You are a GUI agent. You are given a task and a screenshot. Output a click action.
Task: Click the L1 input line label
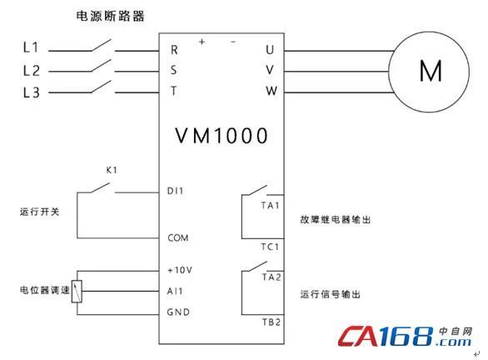tap(31, 47)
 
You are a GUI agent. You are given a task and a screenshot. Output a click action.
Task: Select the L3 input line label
tap(32, 92)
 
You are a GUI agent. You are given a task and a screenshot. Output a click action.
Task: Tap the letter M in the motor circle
tap(431, 71)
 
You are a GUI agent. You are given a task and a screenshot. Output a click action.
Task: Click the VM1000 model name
tap(222, 136)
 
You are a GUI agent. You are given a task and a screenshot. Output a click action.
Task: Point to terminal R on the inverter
tap(174, 50)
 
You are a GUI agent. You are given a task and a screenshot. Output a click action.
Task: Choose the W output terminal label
tap(271, 91)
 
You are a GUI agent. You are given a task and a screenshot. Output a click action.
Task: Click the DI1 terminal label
tap(175, 191)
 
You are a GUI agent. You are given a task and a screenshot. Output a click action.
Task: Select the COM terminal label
tap(178, 238)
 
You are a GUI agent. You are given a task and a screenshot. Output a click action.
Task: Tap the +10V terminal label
tap(180, 270)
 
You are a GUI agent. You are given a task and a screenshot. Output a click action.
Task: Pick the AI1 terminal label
tap(175, 291)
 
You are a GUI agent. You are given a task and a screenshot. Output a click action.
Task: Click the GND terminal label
tap(178, 312)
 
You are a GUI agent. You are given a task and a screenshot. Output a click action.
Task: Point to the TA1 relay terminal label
tap(270, 206)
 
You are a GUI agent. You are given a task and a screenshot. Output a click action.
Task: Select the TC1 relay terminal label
tap(270, 247)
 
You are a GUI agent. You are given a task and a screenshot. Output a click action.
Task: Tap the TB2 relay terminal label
tap(271, 322)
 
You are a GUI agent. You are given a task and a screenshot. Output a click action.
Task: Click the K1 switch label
tap(112, 170)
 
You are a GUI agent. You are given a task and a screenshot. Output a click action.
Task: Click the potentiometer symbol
tap(77, 292)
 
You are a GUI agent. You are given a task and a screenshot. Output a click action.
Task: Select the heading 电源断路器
tap(110, 16)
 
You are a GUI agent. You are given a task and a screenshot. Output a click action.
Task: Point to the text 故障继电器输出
tap(336, 219)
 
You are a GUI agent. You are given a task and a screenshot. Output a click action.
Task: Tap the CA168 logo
tap(406, 337)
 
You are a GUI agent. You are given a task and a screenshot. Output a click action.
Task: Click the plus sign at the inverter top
tap(202, 42)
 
